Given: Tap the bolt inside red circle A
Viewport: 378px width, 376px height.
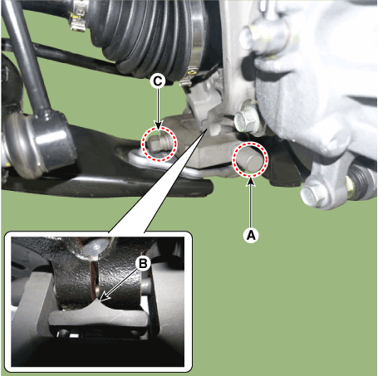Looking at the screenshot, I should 251,159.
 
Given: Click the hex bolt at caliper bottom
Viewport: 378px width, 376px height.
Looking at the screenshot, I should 314,195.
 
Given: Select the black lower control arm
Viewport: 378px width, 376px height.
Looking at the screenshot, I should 100,170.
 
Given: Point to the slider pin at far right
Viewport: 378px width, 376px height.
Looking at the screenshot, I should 361,178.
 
